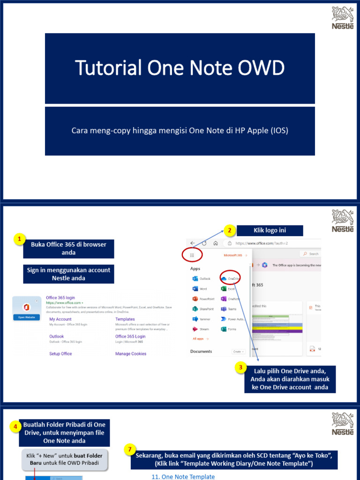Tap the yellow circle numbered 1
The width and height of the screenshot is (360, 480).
(19, 240)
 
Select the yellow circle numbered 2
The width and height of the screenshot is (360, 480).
(229, 230)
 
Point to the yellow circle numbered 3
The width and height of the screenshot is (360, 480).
(240, 368)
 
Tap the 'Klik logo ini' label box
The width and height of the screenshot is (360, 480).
(270, 230)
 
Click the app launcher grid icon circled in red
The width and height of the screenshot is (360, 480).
(192, 255)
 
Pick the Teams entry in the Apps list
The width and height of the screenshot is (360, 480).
(229, 309)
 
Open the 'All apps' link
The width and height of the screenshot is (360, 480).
(200, 338)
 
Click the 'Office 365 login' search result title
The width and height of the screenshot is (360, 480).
(60, 298)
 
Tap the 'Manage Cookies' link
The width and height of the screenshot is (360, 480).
(131, 354)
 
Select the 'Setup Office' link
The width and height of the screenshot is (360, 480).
(60, 354)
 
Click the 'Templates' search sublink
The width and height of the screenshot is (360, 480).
(125, 319)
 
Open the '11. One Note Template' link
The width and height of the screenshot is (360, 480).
(183, 477)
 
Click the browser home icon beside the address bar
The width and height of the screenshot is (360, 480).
(215, 243)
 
